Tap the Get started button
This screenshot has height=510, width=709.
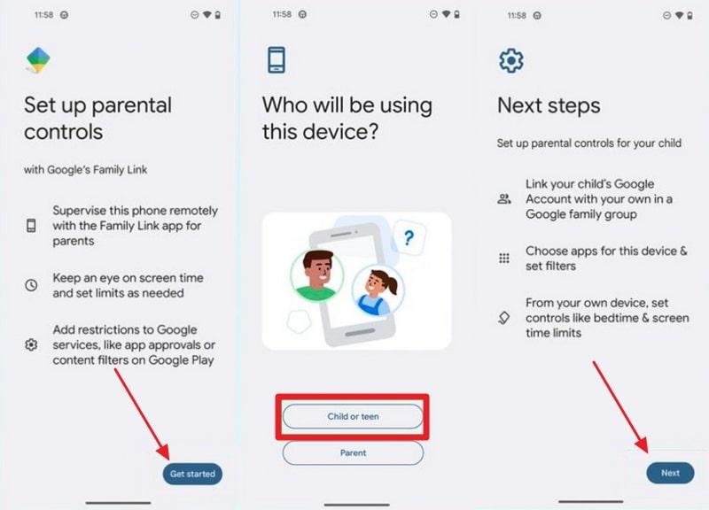[192, 474]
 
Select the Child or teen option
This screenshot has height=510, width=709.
[353, 416]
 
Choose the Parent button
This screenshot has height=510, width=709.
[353, 452]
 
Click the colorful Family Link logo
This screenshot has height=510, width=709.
[38, 60]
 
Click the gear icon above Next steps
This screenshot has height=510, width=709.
[511, 60]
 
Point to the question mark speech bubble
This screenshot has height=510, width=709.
[408, 237]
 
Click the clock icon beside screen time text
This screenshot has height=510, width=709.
[32, 285]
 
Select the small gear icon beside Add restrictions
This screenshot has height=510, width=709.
[32, 344]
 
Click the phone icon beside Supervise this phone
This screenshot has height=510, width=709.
[32, 226]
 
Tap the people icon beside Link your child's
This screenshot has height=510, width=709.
[505, 198]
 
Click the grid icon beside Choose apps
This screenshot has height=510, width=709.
[505, 259]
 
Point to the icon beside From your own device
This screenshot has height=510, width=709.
[505, 317]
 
